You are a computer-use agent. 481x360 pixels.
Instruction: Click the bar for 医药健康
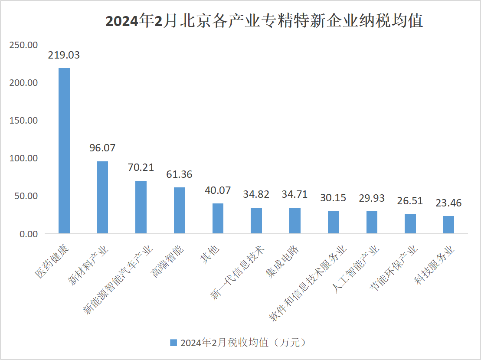64,151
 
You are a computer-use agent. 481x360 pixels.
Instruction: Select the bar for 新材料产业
102,197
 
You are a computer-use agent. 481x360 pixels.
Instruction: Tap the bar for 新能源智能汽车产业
141,207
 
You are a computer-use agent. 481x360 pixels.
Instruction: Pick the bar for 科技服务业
448,225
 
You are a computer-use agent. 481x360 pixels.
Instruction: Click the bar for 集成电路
295,221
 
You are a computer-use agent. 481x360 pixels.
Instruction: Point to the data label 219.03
64,56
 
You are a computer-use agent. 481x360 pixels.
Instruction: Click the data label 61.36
179,175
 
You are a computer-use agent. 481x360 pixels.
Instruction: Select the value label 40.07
218,191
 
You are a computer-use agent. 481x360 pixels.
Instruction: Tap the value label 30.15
333,198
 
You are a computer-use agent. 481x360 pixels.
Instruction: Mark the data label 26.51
410,201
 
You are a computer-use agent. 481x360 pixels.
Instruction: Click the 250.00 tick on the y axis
24,45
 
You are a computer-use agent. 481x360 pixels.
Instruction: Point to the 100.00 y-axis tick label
24,158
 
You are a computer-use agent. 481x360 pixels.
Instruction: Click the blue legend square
173,343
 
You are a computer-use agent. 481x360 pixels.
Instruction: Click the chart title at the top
264,21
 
